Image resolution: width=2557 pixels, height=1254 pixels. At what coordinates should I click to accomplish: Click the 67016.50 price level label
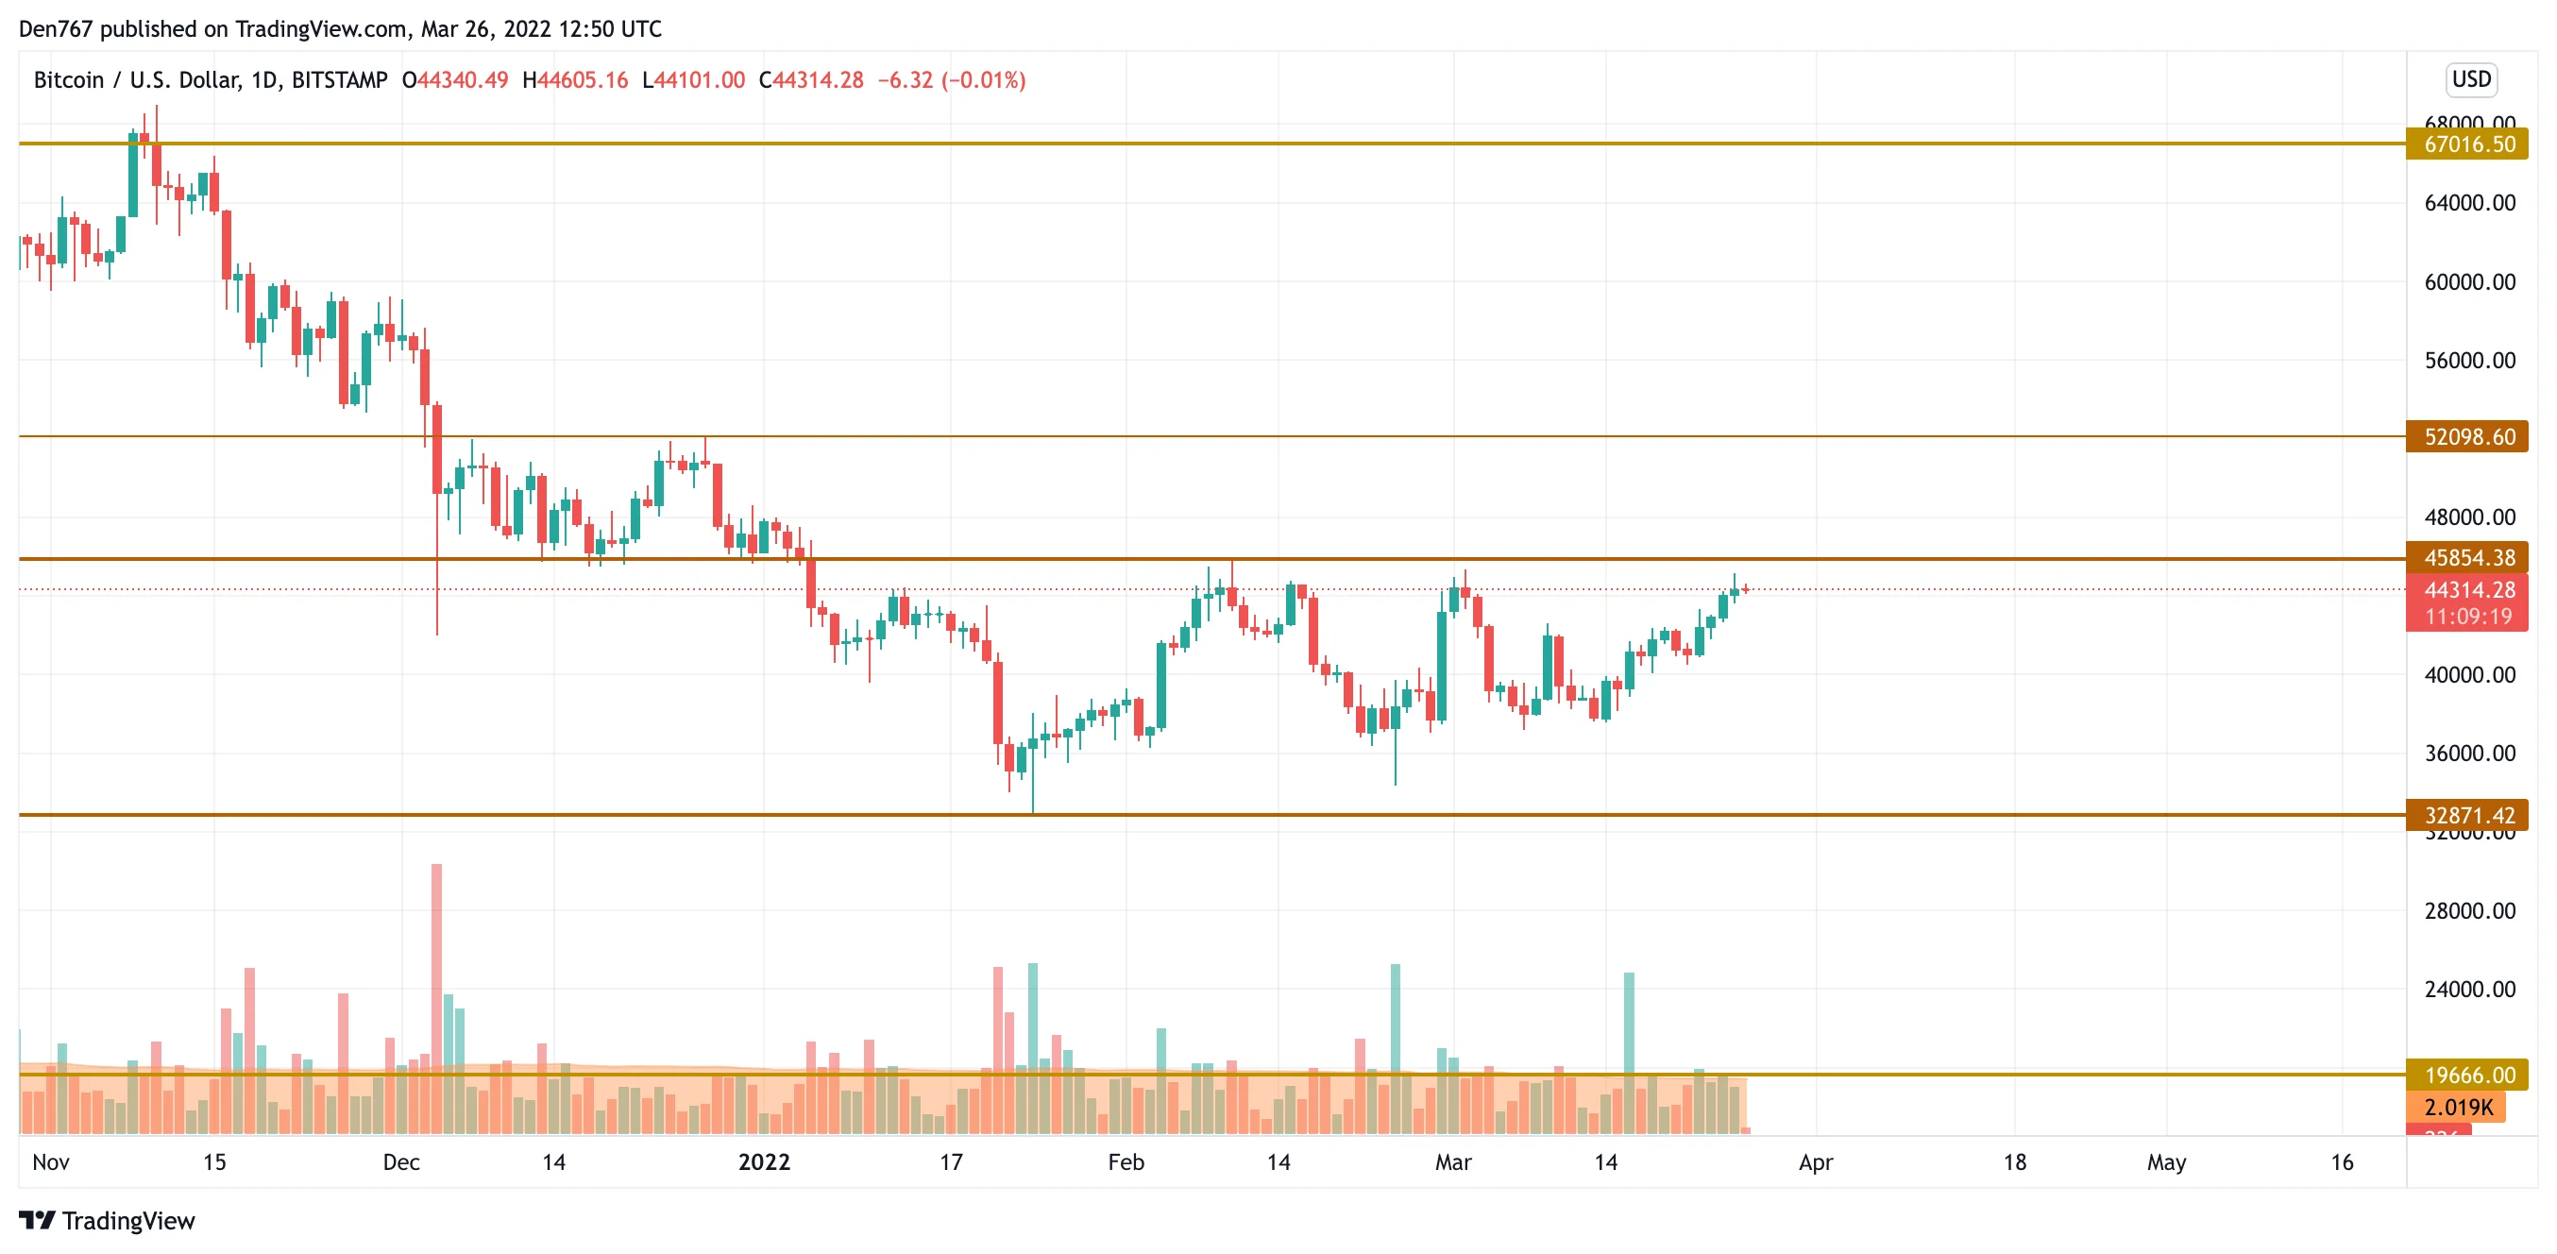click(2468, 144)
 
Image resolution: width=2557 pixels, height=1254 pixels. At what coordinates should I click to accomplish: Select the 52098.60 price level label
click(2468, 437)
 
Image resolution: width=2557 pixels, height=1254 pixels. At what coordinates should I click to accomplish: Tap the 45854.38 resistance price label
click(2468, 558)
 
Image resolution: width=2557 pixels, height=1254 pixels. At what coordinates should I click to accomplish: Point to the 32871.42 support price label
click(2468, 815)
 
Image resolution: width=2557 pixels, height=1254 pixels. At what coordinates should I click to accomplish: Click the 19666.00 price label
click(2468, 1075)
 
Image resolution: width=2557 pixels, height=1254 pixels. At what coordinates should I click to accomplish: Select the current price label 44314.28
click(2468, 590)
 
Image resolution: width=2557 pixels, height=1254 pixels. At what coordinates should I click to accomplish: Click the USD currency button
click(2471, 79)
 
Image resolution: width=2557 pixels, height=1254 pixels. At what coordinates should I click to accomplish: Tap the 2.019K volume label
click(2457, 1106)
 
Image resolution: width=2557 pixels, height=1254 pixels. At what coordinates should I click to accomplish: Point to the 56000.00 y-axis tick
click(2468, 361)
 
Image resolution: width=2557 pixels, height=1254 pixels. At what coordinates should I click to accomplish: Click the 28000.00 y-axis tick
click(2468, 910)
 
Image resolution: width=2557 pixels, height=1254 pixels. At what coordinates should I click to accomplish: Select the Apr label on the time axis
click(1816, 1161)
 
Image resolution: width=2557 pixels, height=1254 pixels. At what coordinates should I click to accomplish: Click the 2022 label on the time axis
click(763, 1161)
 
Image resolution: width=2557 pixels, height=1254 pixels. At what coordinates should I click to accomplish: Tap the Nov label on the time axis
click(51, 1161)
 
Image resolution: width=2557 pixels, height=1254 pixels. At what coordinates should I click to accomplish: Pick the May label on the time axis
click(2166, 1161)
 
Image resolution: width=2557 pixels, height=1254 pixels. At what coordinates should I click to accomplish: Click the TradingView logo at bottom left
click(108, 1220)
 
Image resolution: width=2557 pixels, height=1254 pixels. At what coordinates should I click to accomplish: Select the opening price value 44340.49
click(463, 80)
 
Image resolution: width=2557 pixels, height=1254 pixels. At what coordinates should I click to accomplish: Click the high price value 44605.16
click(583, 80)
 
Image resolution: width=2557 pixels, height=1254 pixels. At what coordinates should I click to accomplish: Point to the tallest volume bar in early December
click(437, 992)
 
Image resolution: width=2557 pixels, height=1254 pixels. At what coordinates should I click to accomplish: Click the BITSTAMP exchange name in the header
click(340, 80)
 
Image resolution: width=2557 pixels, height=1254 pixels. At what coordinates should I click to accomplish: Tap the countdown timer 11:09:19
click(2468, 617)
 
